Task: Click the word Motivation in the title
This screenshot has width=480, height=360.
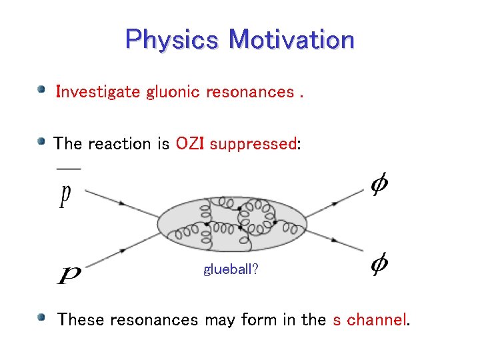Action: [x=291, y=39]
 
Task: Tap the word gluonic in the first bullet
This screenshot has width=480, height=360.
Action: [x=173, y=92]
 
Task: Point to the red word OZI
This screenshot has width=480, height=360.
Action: [x=191, y=144]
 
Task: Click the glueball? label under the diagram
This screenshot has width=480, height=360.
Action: [x=231, y=270]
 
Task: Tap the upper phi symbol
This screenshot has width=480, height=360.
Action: [x=379, y=185]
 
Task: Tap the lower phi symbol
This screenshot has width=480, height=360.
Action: [x=379, y=265]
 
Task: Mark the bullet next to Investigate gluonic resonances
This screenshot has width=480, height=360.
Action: [x=42, y=89]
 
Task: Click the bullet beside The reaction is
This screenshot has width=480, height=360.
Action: [x=42, y=141]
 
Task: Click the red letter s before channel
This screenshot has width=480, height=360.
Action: [x=337, y=320]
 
